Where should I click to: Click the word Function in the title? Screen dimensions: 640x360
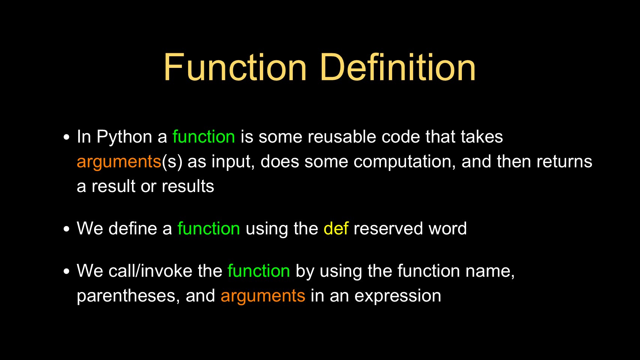pos(235,67)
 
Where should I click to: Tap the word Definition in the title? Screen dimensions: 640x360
pos(398,67)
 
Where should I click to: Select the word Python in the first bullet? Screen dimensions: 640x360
pos(124,137)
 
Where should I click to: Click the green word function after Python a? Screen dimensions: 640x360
pos(204,136)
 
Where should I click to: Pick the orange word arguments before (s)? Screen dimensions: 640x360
pos(119,162)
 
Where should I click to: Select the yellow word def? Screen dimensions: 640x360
pos(336,228)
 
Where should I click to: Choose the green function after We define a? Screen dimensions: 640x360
pos(208,228)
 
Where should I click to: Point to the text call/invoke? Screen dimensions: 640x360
pos(150,270)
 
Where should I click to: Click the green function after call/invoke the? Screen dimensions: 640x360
pos(259,270)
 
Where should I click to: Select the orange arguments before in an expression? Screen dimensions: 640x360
pos(263,296)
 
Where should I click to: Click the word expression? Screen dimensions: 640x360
pos(398,296)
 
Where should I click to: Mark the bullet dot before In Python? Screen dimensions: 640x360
pos(67,137)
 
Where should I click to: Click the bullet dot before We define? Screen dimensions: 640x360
pos(67,229)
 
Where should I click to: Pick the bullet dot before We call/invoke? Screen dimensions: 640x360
pos(67,271)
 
